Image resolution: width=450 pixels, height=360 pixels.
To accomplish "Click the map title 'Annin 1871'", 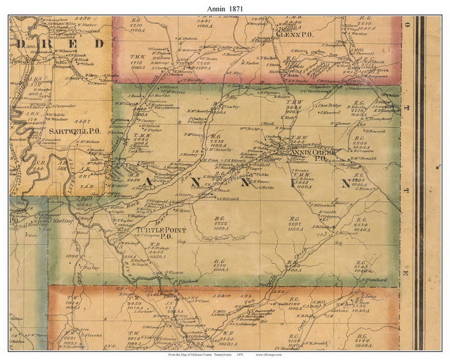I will coord(225,8).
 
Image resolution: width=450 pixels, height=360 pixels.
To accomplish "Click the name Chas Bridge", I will coord(330,105).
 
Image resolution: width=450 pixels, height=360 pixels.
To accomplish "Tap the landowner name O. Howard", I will coord(330,112).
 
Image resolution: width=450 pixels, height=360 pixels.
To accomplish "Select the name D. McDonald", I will coord(363,158).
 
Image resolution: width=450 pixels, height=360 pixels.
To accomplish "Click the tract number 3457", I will coord(81,121).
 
